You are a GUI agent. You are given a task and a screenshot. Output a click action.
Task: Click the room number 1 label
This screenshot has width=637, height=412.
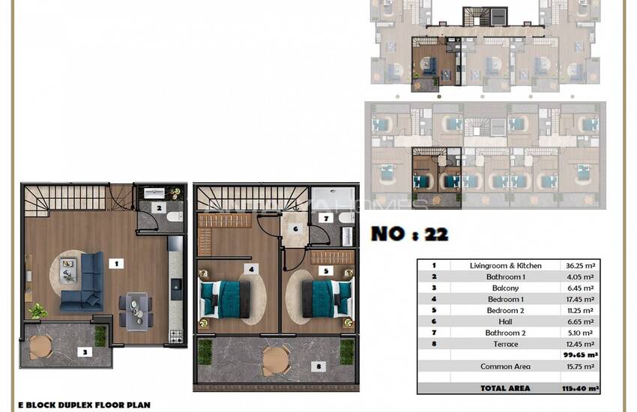(x=116, y=263)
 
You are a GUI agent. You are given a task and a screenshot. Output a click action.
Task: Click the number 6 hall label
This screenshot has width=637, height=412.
(x=295, y=228)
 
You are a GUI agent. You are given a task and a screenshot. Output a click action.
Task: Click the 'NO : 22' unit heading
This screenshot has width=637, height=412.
(x=409, y=234)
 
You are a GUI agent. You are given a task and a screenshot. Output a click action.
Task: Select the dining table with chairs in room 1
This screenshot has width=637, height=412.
(x=136, y=309)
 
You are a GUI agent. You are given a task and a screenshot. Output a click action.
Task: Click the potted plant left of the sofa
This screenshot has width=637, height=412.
(x=37, y=310)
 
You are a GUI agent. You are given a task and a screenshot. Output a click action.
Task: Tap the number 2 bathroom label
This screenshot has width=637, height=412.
(x=158, y=207)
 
